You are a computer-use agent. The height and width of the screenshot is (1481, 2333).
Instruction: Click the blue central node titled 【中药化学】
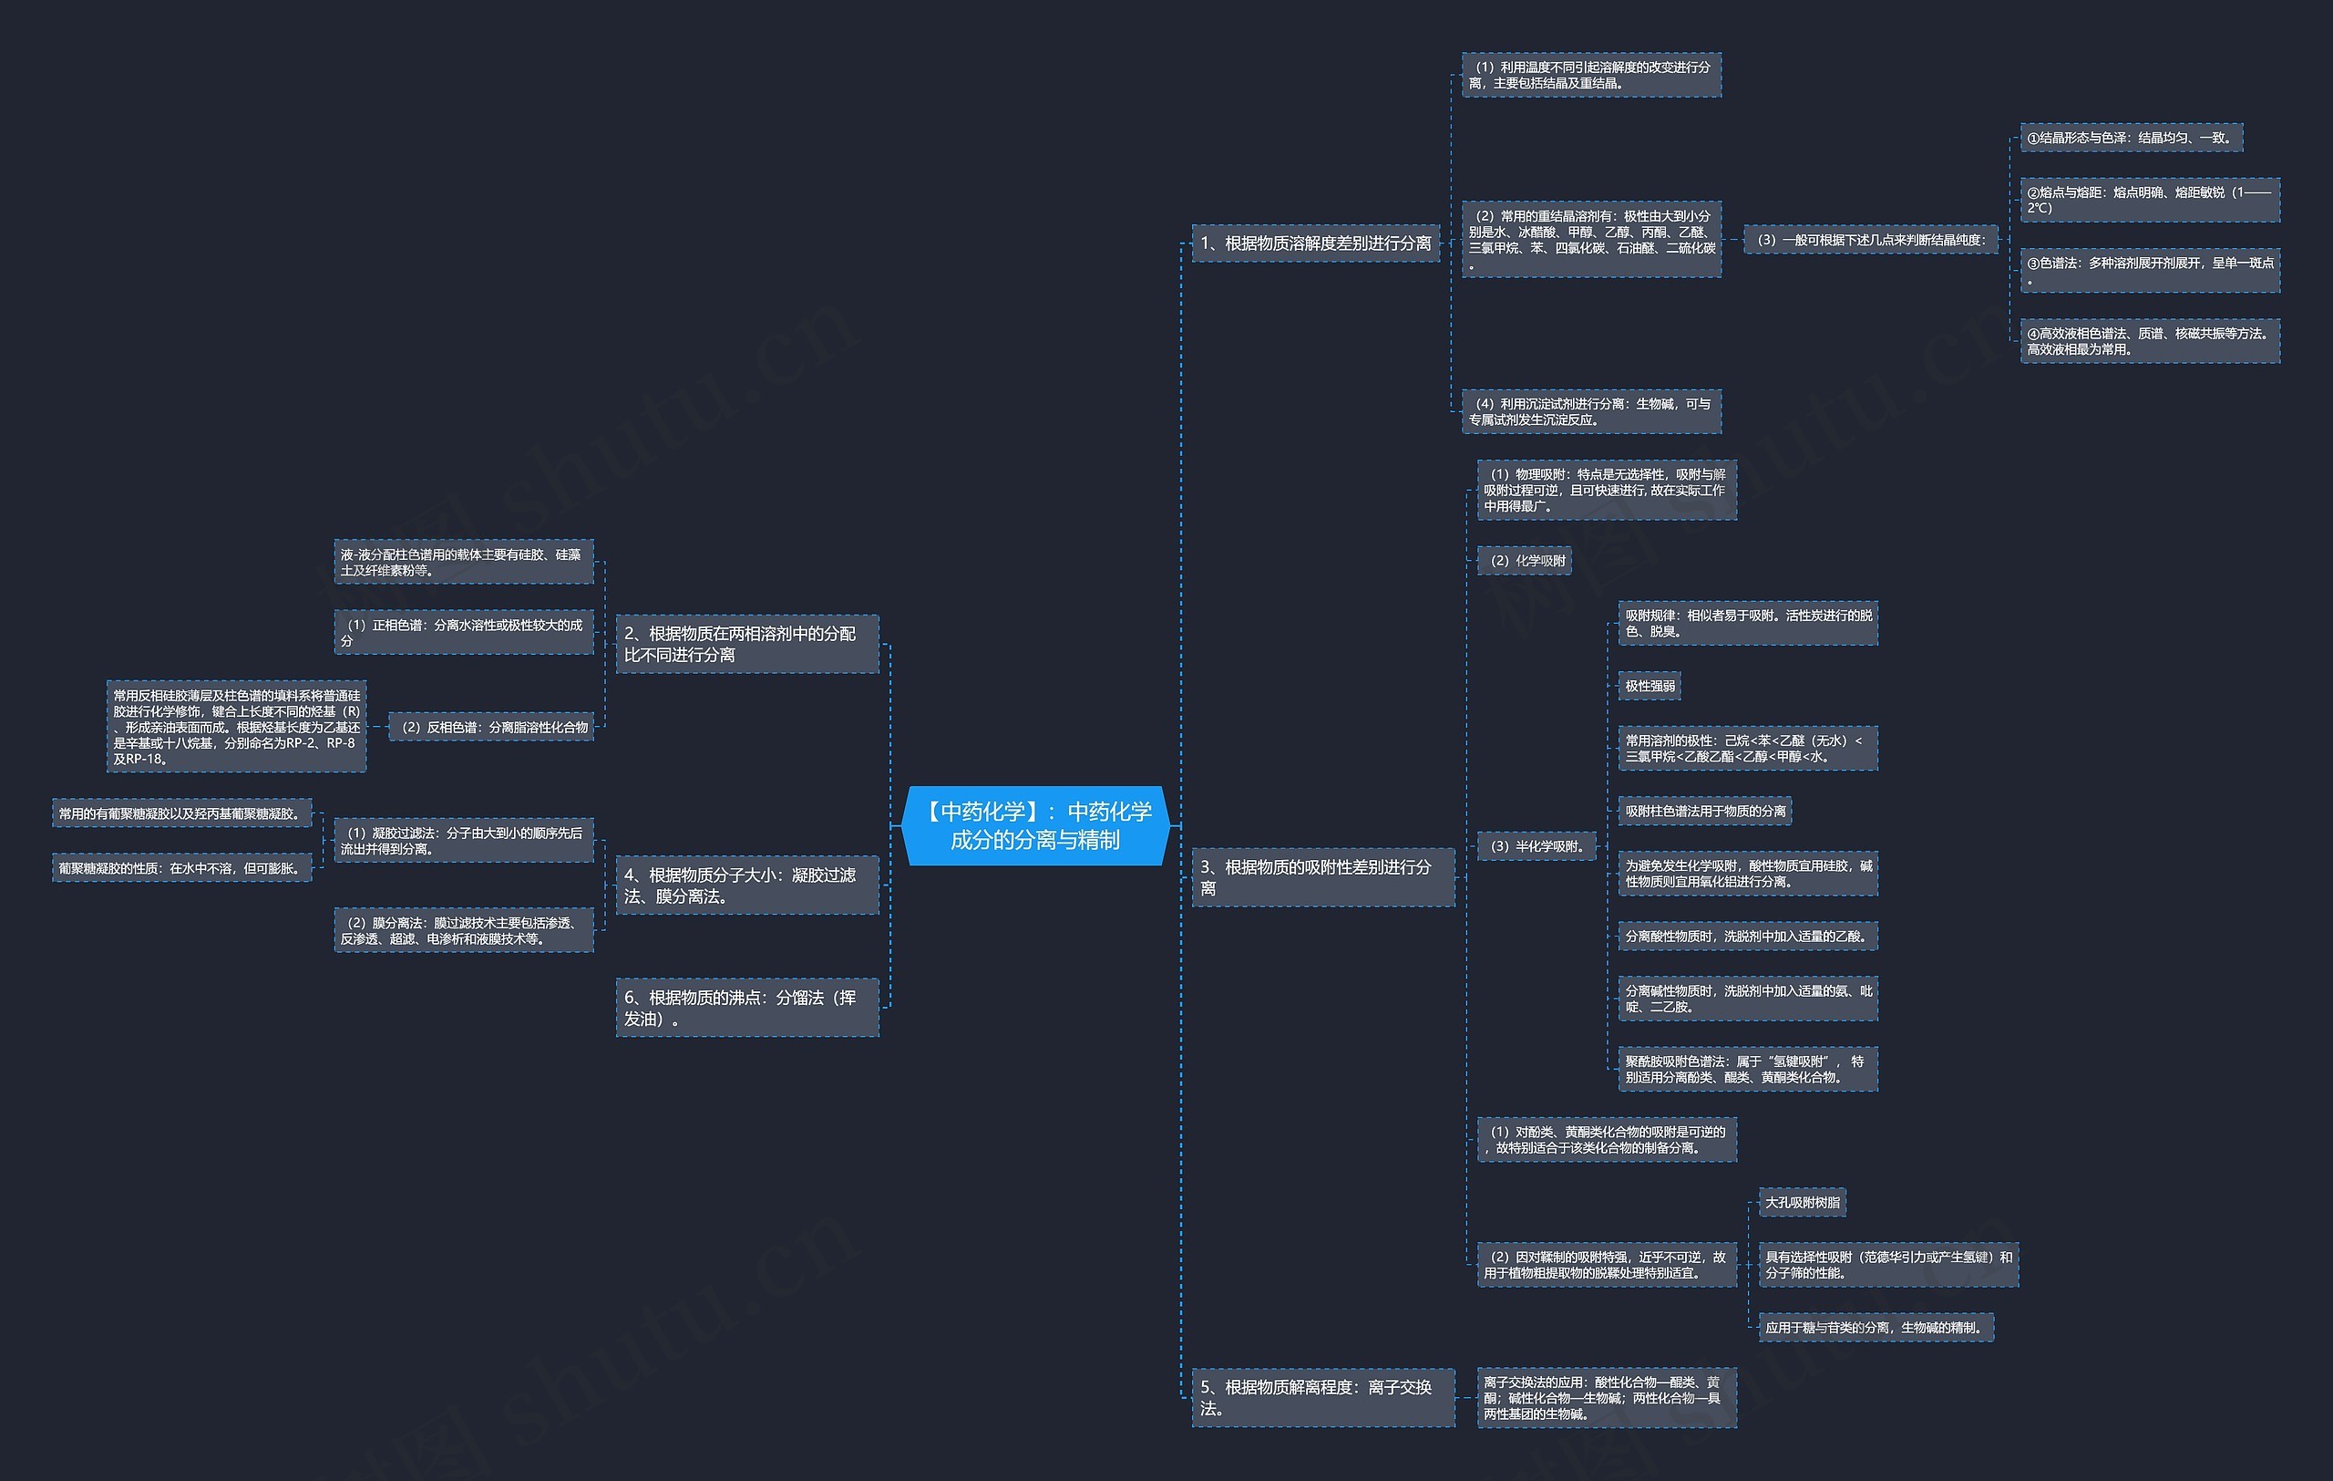[x=1034, y=826]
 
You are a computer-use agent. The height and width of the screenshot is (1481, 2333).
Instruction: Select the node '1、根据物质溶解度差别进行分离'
[x=1316, y=243]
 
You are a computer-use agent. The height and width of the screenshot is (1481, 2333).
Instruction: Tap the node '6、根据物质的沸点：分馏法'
[x=747, y=1008]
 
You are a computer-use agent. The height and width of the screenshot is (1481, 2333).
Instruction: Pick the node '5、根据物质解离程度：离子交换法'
[x=1322, y=1398]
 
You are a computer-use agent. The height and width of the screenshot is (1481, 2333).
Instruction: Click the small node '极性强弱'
[x=1649, y=686]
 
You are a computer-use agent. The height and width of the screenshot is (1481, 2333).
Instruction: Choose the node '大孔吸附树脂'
[x=1802, y=1203]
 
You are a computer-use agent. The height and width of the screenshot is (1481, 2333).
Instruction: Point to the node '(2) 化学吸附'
[x=1524, y=560]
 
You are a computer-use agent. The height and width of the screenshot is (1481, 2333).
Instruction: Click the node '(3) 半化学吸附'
[x=1536, y=846]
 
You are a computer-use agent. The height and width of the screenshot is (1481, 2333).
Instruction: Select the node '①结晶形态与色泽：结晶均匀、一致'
[x=2132, y=138]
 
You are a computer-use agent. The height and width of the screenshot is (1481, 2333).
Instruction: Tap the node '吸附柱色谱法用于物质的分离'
[x=1705, y=812]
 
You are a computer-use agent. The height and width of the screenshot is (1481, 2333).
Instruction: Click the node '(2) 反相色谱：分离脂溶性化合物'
[x=491, y=727]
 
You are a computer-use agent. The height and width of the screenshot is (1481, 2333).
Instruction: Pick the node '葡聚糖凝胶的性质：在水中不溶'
[x=182, y=868]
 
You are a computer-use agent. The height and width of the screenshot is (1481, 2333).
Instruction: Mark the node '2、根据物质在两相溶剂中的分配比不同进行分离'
[x=747, y=645]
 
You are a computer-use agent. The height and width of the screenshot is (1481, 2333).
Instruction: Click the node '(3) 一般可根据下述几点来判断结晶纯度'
[x=1871, y=240]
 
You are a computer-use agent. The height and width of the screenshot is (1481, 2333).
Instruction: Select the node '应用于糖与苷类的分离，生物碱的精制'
[x=1876, y=1328]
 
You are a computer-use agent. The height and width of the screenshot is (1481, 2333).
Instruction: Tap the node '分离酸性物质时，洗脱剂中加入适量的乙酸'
[x=1748, y=937]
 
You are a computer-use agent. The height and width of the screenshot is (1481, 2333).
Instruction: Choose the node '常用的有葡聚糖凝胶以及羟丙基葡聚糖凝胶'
[x=182, y=813]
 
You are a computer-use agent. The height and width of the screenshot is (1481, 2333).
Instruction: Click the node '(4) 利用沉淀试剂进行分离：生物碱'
[x=1591, y=412]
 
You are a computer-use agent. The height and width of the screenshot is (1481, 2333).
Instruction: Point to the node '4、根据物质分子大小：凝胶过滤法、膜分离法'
[x=747, y=885]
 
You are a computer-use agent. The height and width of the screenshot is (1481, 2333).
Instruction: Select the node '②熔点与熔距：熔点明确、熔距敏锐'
[x=2150, y=200]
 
